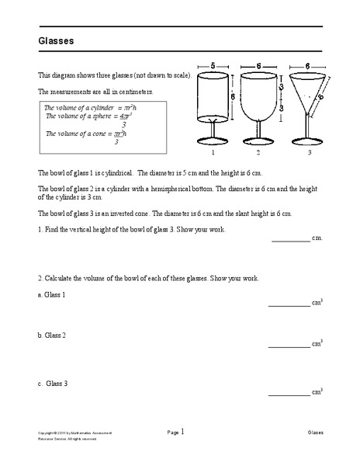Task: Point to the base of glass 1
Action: tap(213, 141)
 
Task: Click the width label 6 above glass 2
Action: tap(260, 68)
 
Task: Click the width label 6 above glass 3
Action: tap(308, 68)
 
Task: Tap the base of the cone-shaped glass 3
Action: tap(308, 141)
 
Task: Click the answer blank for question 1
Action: tap(290, 242)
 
